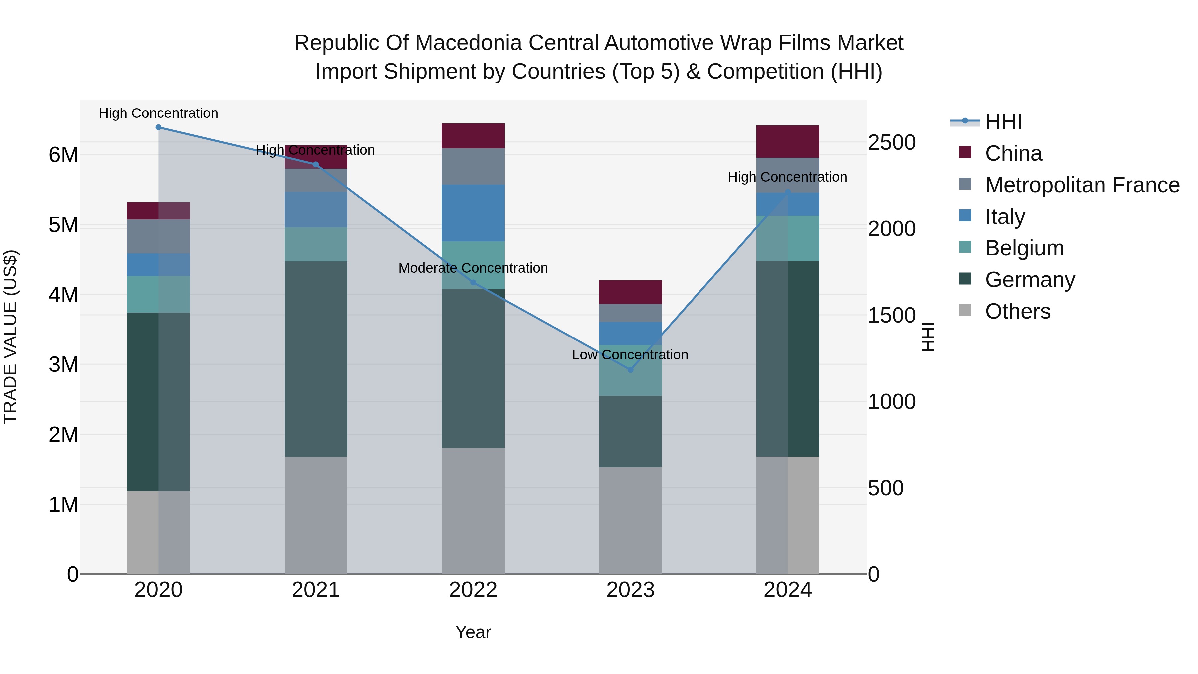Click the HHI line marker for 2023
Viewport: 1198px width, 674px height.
point(630,370)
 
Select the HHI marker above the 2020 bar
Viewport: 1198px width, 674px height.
point(159,127)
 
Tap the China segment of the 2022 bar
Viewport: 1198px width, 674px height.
point(473,136)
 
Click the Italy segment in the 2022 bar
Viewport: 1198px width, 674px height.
point(473,213)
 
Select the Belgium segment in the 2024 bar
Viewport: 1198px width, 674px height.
point(787,238)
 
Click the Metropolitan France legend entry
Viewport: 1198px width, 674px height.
point(1082,185)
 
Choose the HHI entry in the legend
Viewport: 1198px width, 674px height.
point(1003,122)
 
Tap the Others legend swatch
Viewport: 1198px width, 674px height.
point(965,310)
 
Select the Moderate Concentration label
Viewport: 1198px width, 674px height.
point(473,268)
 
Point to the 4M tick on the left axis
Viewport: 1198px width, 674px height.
point(63,295)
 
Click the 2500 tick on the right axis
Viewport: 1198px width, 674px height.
point(891,142)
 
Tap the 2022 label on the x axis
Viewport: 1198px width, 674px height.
point(473,590)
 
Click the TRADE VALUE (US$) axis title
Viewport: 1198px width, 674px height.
point(10,337)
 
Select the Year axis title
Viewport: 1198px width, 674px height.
point(473,632)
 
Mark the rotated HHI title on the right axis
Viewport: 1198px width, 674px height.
point(928,337)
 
